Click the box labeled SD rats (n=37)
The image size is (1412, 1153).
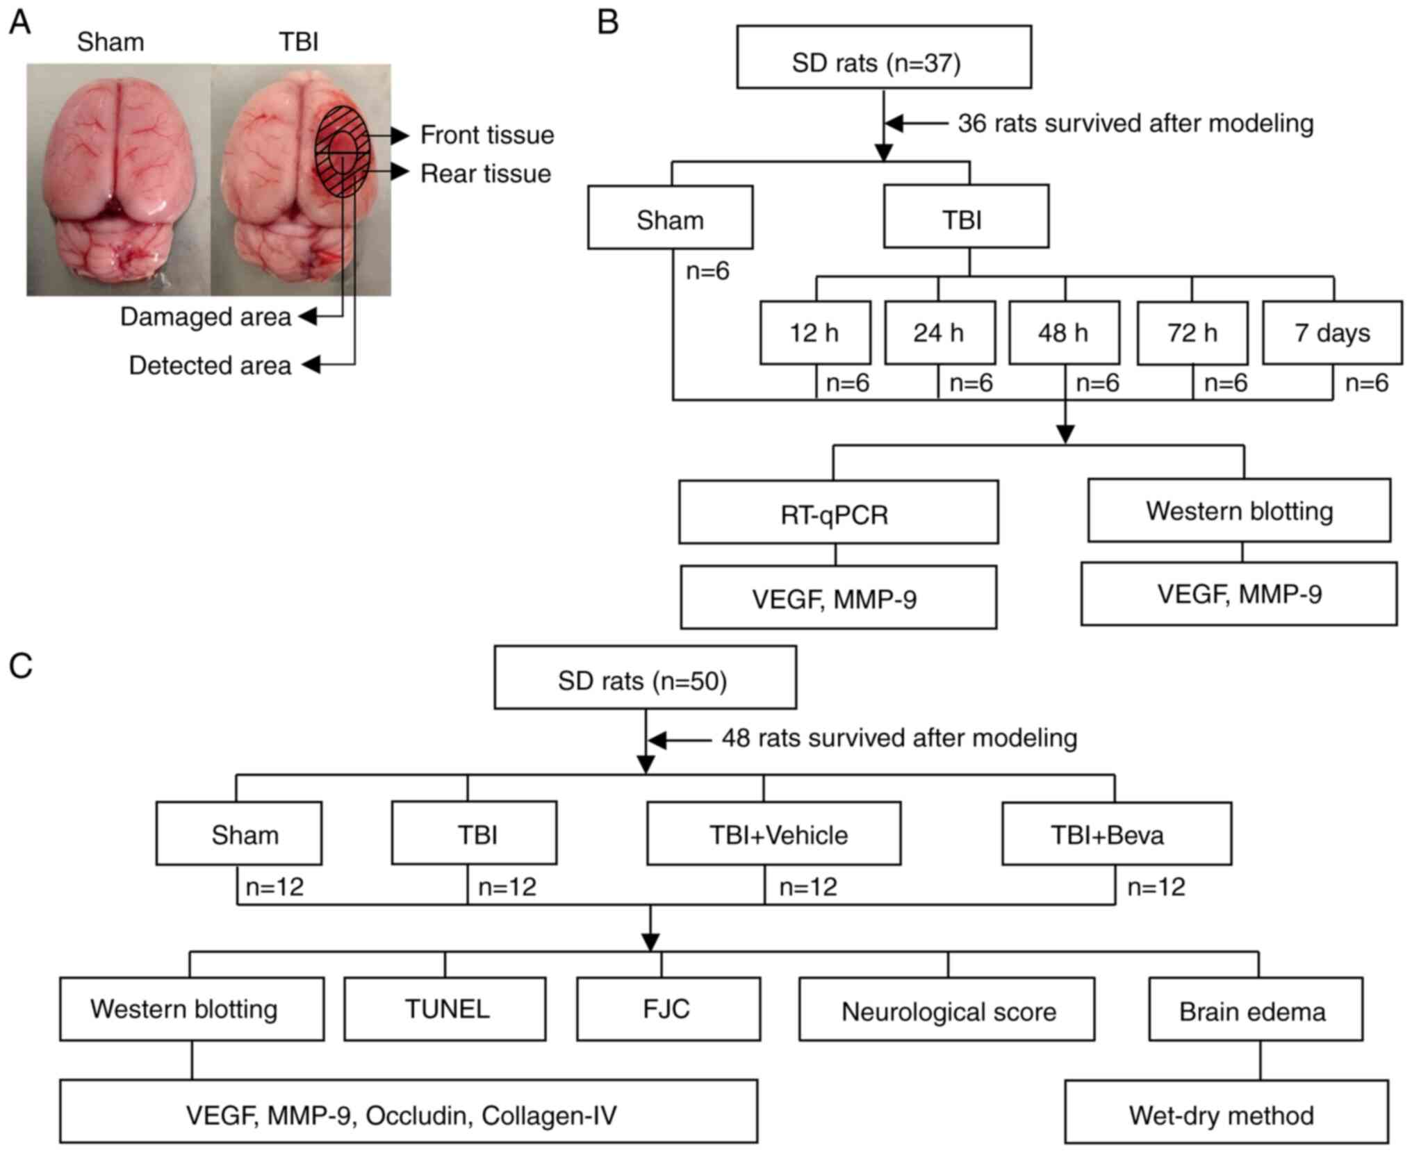tap(884, 57)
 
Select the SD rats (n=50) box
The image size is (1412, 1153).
tap(645, 677)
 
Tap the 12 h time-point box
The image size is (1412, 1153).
tap(815, 333)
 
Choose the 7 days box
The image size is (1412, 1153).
tap(1332, 333)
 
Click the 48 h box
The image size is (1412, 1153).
tap(1064, 333)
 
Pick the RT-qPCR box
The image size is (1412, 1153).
tap(839, 512)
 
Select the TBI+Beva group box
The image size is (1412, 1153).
tap(1117, 833)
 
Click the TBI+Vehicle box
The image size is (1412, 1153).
tap(774, 833)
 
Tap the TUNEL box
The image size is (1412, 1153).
tap(445, 1009)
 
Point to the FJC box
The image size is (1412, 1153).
tap(668, 1009)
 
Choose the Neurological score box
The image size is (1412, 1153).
tap(946, 1009)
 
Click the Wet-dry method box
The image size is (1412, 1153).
tap(1226, 1111)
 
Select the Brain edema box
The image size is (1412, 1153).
tap(1256, 1009)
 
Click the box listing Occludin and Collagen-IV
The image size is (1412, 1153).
tap(409, 1111)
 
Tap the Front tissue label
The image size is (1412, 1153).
tap(487, 135)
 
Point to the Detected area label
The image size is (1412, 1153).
tap(210, 365)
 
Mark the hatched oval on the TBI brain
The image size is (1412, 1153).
tap(342, 151)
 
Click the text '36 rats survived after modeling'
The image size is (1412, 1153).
tap(1135, 124)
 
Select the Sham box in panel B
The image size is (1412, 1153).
tap(670, 217)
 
